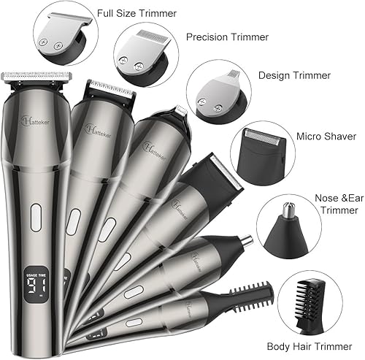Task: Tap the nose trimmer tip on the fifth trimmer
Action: (244, 240)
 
